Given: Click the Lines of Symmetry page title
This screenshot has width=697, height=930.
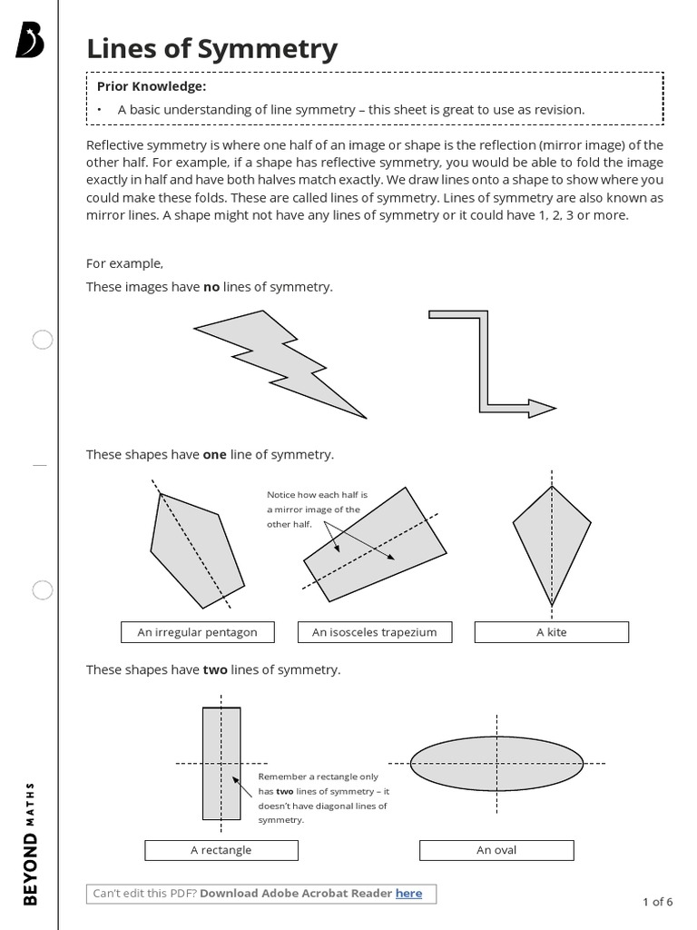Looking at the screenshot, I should pyautogui.click(x=211, y=49).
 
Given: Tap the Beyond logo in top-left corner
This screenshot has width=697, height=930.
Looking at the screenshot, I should pyautogui.click(x=29, y=41).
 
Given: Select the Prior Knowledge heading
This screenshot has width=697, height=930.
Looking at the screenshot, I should pyautogui.click(x=152, y=86).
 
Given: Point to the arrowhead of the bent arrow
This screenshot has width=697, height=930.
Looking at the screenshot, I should pyautogui.click(x=541, y=408).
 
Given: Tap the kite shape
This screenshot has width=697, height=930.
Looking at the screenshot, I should pyautogui.click(x=551, y=536).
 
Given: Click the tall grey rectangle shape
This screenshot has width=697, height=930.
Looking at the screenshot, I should pyautogui.click(x=221, y=763).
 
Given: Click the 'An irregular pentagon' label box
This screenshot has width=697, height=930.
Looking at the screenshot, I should pyautogui.click(x=197, y=632).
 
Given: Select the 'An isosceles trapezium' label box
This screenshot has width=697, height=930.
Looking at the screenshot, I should pyautogui.click(x=374, y=632).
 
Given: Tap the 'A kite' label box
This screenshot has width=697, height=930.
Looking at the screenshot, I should pyautogui.click(x=551, y=632).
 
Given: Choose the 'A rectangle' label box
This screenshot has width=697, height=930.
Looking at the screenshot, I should pyautogui.click(x=221, y=850).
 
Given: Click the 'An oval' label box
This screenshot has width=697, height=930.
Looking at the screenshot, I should pyautogui.click(x=496, y=850).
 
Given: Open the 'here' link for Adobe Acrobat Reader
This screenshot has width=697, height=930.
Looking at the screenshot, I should pyautogui.click(x=408, y=894).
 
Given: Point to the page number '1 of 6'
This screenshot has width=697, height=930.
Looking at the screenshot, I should pyautogui.click(x=657, y=902).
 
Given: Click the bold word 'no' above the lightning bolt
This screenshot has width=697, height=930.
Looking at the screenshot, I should pyautogui.click(x=211, y=287).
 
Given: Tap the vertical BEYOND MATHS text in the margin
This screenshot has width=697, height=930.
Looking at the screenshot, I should pyautogui.click(x=30, y=843).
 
